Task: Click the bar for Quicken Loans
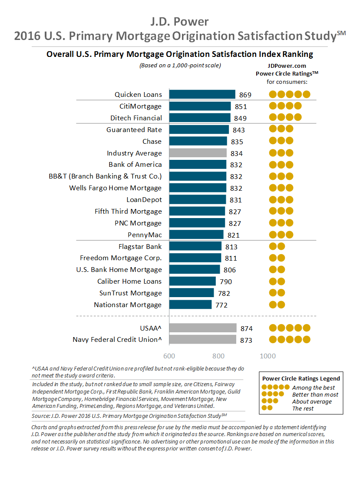(202, 94)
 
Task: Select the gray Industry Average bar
(198, 153)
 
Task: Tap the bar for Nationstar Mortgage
(190, 305)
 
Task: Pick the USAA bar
(203, 328)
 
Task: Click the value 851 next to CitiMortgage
(241, 106)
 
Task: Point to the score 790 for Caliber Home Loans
(225, 281)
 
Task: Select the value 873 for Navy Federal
(246, 340)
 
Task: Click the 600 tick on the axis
(169, 356)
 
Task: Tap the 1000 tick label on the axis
(268, 356)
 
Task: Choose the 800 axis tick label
(218, 356)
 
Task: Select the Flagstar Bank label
(140, 246)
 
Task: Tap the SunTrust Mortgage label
(130, 293)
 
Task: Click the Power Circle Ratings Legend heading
(300, 378)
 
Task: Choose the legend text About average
(312, 401)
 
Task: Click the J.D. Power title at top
(179, 21)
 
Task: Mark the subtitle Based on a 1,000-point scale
(180, 66)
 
